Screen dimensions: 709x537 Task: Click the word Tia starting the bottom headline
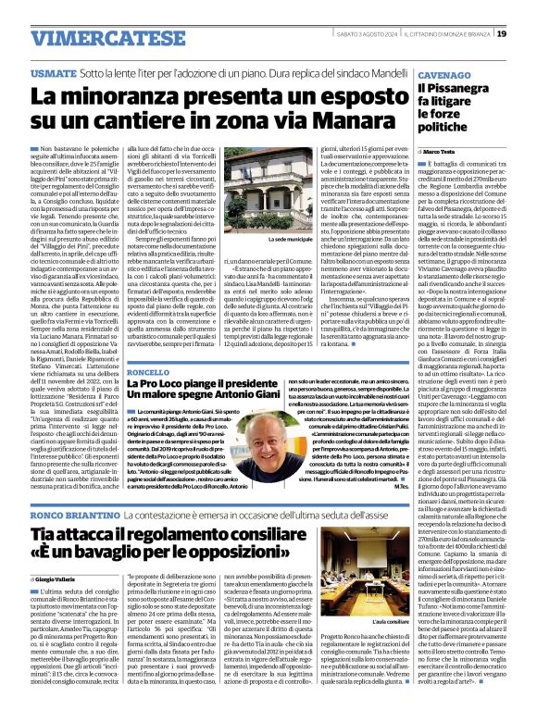point(46,534)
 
